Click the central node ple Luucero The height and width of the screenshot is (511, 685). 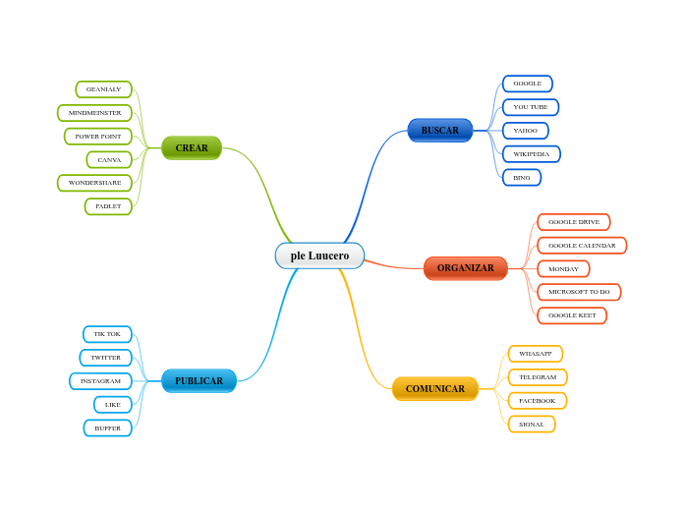(319, 255)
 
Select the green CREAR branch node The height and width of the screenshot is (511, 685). (192, 148)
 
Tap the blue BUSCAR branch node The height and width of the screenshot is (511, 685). (440, 131)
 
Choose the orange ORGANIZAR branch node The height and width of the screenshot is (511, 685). (466, 268)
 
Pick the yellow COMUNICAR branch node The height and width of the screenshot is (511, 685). (435, 389)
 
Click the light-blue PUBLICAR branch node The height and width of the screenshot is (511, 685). (199, 381)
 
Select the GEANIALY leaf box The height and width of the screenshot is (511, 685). (103, 89)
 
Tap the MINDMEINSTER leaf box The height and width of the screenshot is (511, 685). (94, 113)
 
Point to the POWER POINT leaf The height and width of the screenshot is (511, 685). (98, 137)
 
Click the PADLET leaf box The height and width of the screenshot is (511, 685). (108, 206)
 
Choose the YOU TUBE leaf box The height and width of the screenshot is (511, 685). (531, 107)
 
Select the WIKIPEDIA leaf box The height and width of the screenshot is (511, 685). (532, 154)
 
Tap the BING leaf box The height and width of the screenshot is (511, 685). (522, 178)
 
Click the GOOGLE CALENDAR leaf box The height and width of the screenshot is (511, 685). (582, 246)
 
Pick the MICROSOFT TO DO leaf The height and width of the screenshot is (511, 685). (579, 292)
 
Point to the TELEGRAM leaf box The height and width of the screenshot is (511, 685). (538, 377)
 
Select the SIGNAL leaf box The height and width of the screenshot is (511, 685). (532, 425)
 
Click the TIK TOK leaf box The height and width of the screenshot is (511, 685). (107, 334)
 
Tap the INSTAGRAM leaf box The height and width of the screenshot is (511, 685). (100, 381)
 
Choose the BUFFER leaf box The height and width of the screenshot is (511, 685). (107, 428)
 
